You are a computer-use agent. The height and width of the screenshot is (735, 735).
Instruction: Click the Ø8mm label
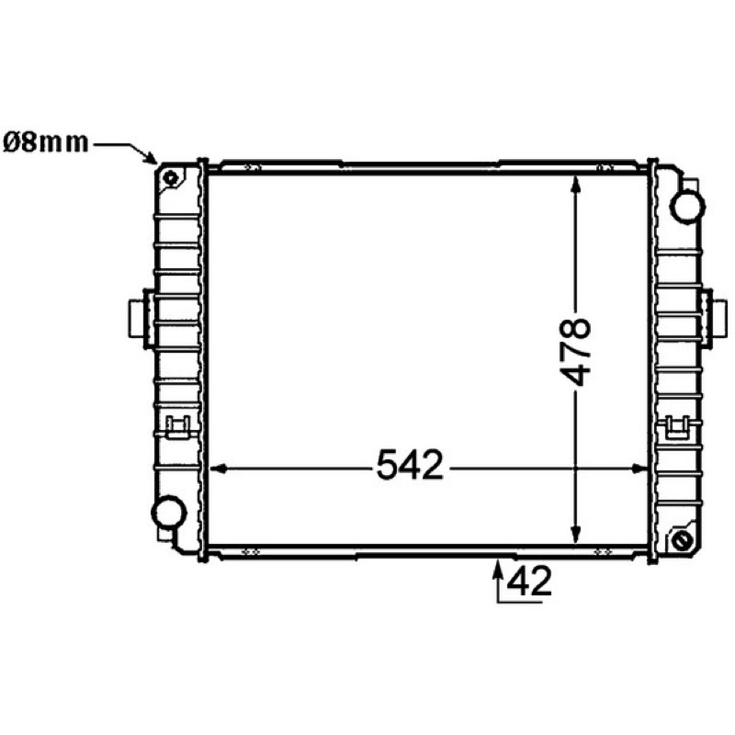(x=45, y=142)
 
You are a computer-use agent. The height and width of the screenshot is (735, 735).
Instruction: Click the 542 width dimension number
(x=410, y=465)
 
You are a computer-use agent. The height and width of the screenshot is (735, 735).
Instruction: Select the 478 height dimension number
(x=575, y=352)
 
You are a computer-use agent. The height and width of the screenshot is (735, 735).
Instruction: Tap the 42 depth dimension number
(x=529, y=582)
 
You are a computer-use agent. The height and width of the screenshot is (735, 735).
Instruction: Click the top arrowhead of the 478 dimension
(x=576, y=184)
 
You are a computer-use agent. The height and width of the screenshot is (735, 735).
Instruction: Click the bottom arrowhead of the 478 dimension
(x=576, y=536)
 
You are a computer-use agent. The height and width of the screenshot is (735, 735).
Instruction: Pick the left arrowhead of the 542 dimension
(x=218, y=469)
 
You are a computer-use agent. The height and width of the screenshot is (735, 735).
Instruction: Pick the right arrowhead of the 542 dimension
(x=639, y=469)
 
